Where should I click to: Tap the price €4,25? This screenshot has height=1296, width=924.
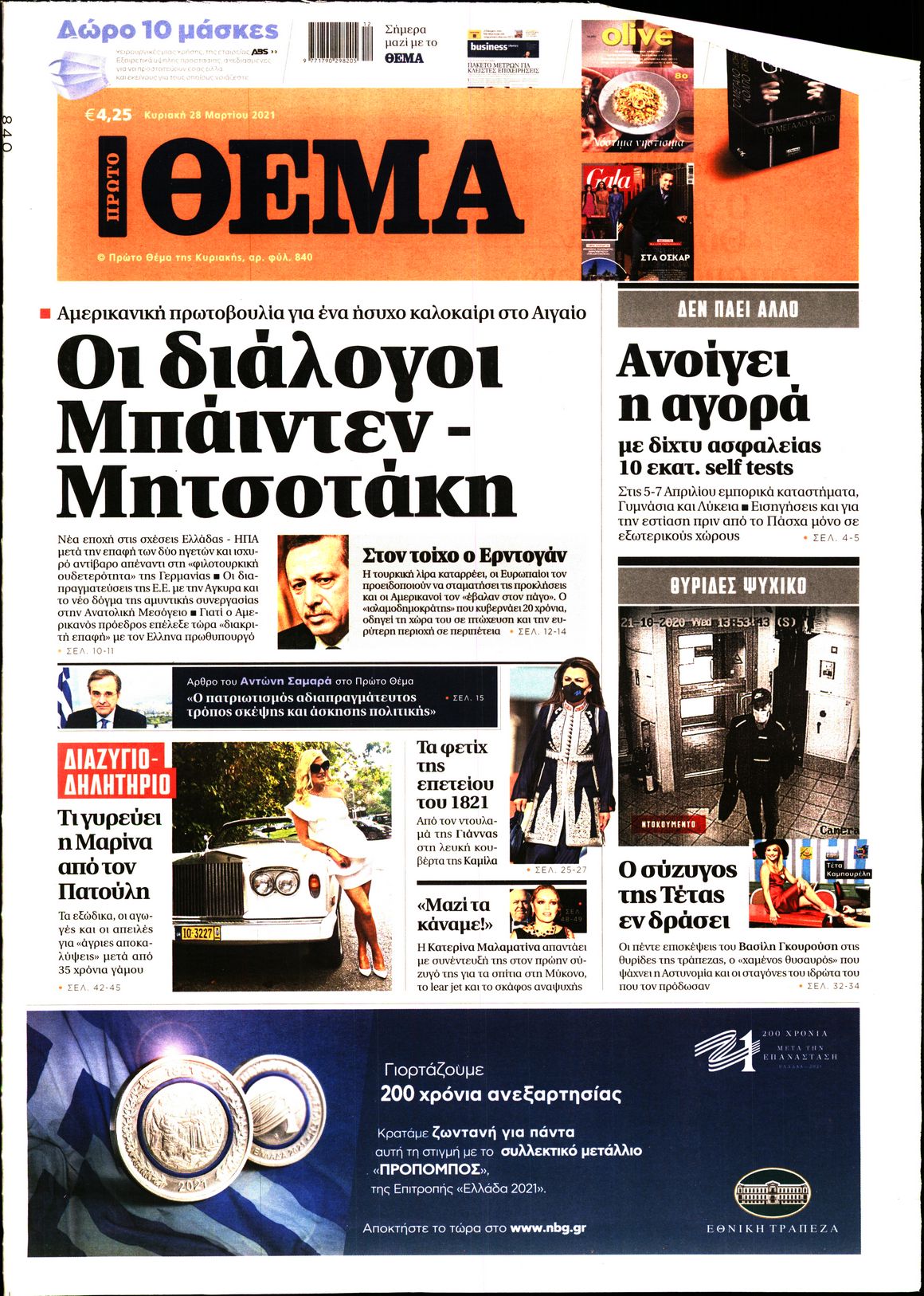pos(108,115)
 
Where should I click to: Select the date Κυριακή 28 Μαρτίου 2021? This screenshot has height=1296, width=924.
pos(209,115)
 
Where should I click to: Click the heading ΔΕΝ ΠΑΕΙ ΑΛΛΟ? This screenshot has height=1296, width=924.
pos(738,309)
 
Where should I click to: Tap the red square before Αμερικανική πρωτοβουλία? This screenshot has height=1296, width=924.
pos(45,312)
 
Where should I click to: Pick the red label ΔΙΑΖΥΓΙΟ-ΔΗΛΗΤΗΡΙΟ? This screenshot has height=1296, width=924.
pos(115,771)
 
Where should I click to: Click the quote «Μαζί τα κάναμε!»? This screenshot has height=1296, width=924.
pos(454,914)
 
